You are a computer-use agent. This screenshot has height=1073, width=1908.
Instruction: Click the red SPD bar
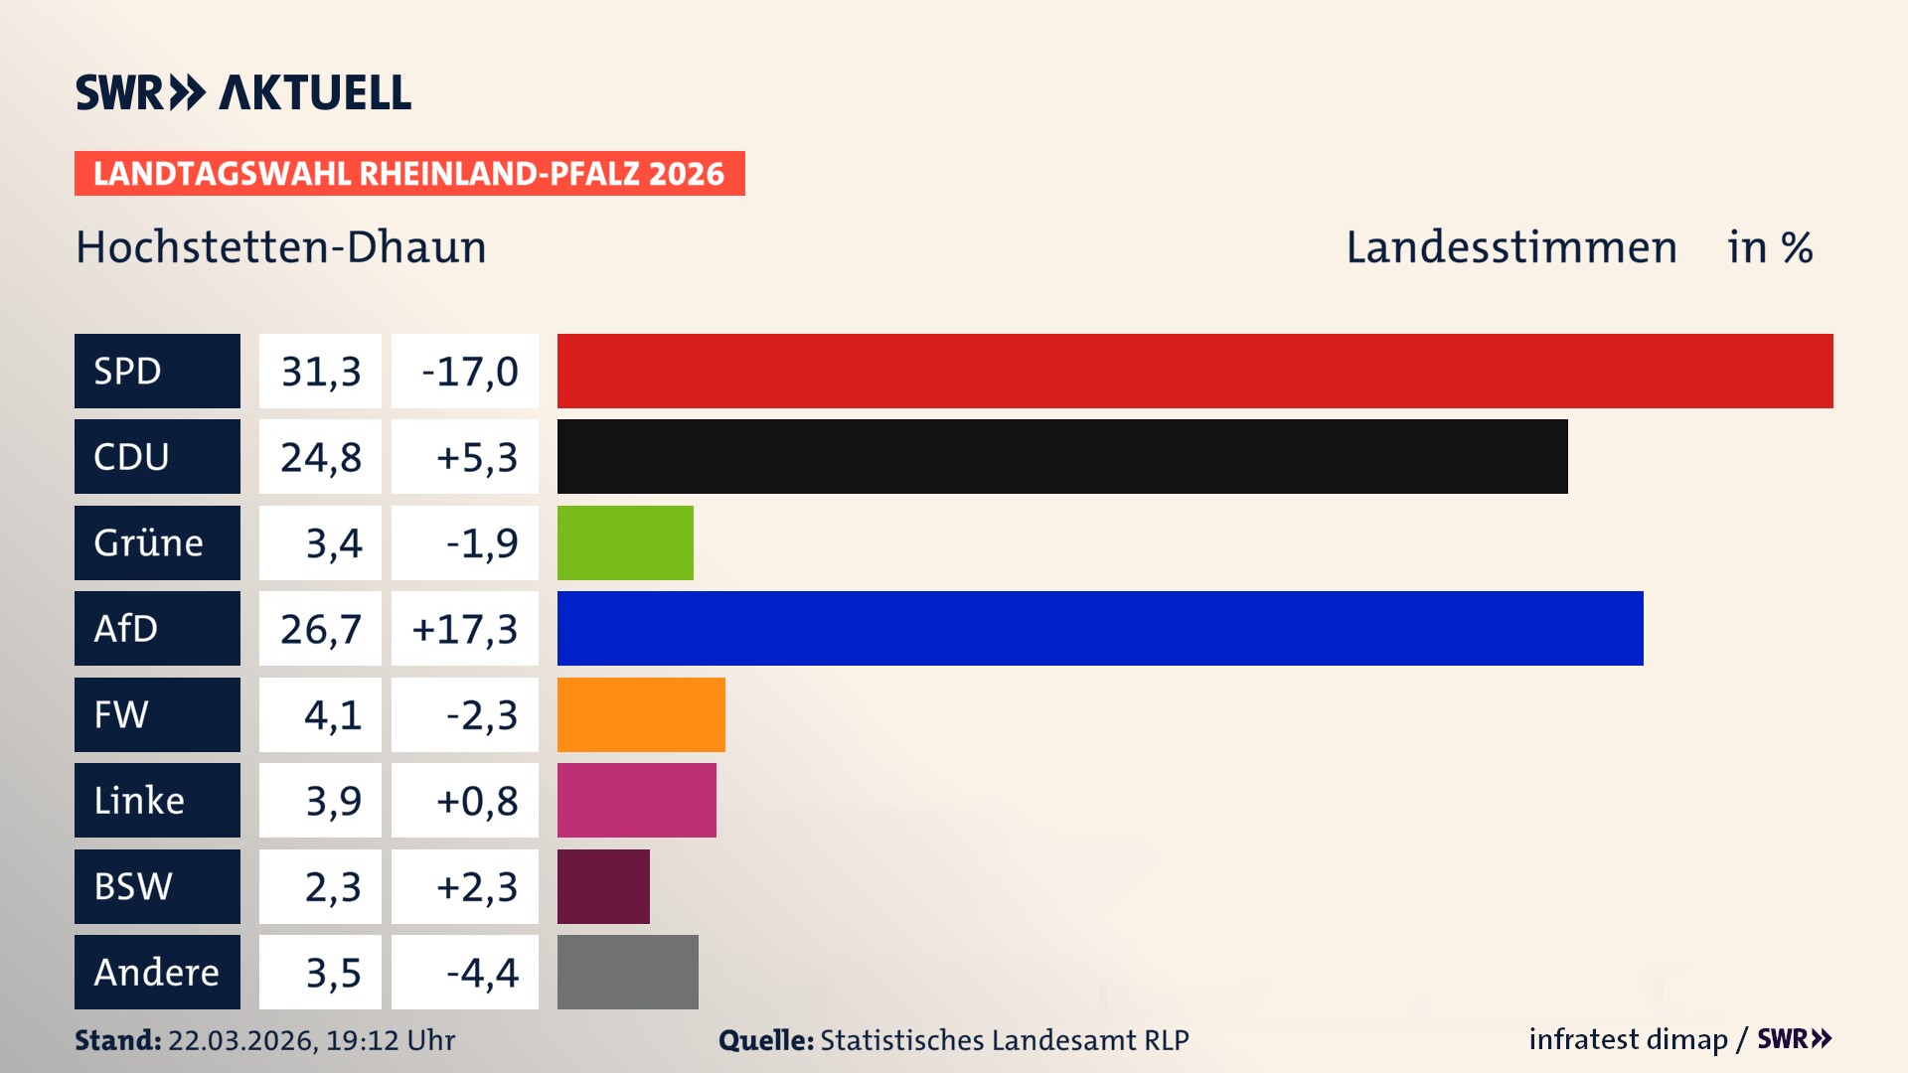[x=1194, y=371]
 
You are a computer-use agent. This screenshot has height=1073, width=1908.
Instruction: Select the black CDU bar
[x=1061, y=456]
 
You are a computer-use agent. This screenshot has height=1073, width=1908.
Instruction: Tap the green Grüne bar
[x=625, y=542]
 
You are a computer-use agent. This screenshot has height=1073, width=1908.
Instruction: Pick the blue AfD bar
[x=1099, y=628]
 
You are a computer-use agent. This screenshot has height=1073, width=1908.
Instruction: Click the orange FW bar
[x=641, y=714]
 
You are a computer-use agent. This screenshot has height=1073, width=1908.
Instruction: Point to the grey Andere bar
[x=627, y=972]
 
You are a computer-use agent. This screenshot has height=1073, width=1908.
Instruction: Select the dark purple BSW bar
[x=603, y=886]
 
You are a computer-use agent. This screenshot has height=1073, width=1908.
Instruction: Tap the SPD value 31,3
[x=320, y=371]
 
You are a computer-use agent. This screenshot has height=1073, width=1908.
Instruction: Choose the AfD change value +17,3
[x=464, y=628]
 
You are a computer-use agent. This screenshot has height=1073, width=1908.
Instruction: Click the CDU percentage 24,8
[x=320, y=456]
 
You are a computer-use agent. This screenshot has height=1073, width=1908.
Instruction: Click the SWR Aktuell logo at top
[x=242, y=92]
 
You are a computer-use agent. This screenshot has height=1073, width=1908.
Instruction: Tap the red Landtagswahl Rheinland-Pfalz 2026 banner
[x=408, y=173]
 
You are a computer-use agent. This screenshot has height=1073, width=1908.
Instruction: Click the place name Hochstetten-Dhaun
[x=281, y=246]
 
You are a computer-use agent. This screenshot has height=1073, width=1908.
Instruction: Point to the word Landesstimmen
[x=1510, y=246]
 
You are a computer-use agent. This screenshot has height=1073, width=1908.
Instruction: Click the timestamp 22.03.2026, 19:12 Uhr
[x=311, y=1040]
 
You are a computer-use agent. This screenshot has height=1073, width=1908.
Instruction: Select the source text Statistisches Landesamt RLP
[x=1004, y=1040]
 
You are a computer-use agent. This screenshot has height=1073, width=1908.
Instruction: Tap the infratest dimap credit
[x=1627, y=1039]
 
